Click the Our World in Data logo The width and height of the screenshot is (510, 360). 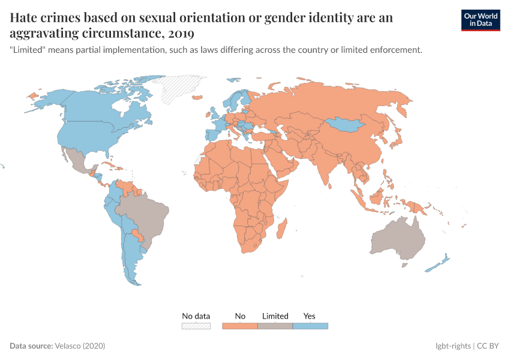coord(480,19)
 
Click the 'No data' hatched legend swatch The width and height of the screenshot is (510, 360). coord(196,326)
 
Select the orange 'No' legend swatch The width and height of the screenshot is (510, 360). coord(240,326)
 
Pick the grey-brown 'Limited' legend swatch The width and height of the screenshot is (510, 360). coord(275,326)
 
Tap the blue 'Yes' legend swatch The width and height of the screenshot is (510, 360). coord(310,326)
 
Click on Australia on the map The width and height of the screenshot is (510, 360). coord(397,240)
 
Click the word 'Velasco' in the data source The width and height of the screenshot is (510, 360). coord(70,346)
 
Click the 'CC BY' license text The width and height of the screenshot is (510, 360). coord(488,346)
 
